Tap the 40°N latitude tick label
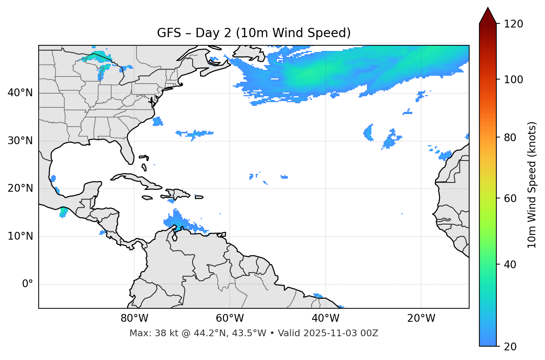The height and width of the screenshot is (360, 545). click(20, 93)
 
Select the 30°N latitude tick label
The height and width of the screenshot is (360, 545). click(20, 141)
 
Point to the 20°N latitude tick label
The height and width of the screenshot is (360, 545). click(20, 188)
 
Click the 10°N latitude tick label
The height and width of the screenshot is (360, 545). click(20, 236)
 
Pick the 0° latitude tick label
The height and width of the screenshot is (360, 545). click(28, 284)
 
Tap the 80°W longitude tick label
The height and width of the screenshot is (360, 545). click(134, 318)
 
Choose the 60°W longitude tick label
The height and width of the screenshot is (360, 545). click(230, 318)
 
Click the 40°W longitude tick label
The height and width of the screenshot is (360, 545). click(325, 318)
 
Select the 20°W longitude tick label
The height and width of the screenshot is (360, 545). click(421, 318)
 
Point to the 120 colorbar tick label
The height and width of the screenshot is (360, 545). click(513, 24)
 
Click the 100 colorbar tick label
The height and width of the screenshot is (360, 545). click(513, 80)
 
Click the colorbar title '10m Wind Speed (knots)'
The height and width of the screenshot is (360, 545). click(532, 185)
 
